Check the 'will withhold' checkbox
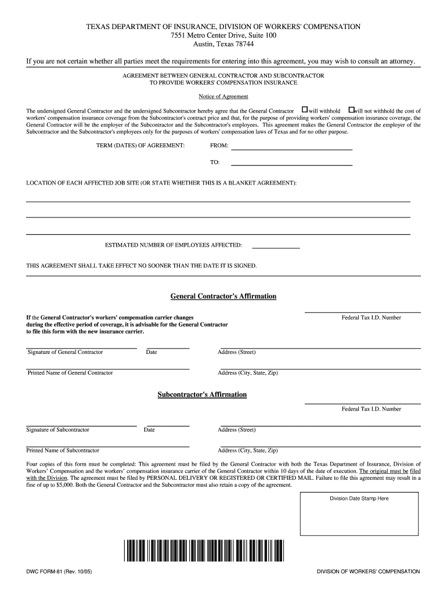click(x=304, y=110)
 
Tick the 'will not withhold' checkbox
click(x=351, y=110)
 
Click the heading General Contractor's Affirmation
click(x=223, y=296)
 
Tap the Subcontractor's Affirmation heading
click(x=202, y=394)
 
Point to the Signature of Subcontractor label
click(x=58, y=430)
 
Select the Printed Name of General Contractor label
click(x=70, y=372)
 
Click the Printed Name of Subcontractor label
click(x=63, y=450)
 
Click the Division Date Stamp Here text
click(x=359, y=498)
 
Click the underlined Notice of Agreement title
click(x=223, y=96)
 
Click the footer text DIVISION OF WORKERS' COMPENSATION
click(x=368, y=571)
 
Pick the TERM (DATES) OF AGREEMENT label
click(x=140, y=145)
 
